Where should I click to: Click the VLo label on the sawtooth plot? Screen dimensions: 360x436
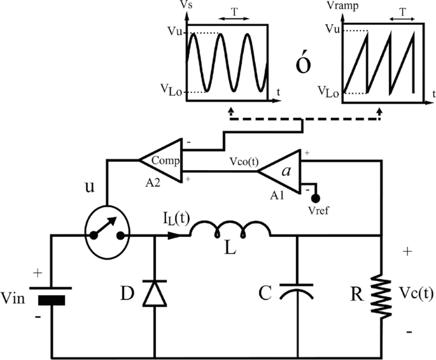coord(330,91)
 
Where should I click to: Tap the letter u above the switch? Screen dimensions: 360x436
coord(90,190)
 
